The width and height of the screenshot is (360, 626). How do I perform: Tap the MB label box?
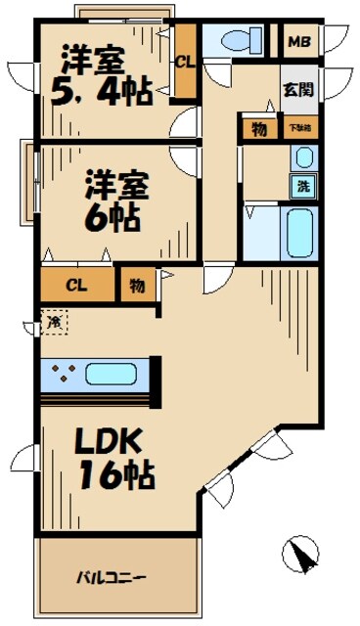(301, 41)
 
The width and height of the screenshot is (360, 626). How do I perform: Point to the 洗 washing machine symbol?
(302, 186)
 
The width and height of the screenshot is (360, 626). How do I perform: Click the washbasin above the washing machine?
(302, 157)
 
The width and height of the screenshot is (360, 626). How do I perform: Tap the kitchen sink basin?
(112, 373)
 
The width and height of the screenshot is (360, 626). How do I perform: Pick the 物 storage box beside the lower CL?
(136, 286)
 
